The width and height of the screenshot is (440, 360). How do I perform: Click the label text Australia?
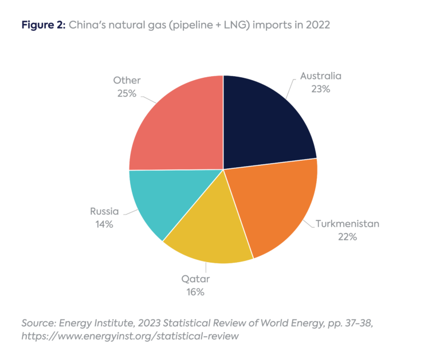[320, 76]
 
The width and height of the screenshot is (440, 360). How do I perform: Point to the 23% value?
[320, 89]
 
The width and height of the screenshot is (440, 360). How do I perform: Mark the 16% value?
[195, 292]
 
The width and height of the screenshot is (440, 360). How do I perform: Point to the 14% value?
[104, 225]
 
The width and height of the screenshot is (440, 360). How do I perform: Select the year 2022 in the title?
[318, 25]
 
